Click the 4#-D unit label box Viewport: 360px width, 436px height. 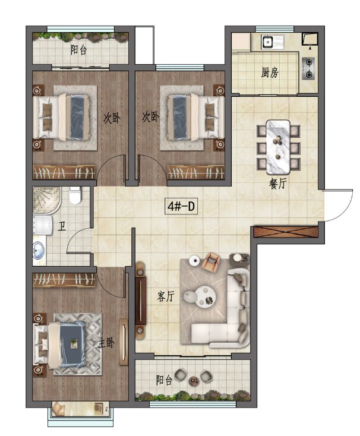tap(181, 206)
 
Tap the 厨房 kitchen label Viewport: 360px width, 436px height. tap(270, 73)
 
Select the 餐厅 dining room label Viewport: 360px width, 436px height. tap(277, 184)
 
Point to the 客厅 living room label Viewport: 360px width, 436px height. tap(166, 296)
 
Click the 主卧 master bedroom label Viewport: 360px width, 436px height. tap(106, 343)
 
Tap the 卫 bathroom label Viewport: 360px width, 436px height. tap(62, 227)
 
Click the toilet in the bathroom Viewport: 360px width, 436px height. tap(75, 195)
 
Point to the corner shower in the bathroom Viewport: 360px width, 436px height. tap(47, 201)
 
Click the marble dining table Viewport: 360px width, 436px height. tap(278, 147)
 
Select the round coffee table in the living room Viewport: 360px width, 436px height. tap(205, 296)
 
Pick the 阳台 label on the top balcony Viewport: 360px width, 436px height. tap(78, 50)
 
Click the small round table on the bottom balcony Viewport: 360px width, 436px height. tap(194, 381)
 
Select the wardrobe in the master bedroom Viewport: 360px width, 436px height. tap(64, 280)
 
